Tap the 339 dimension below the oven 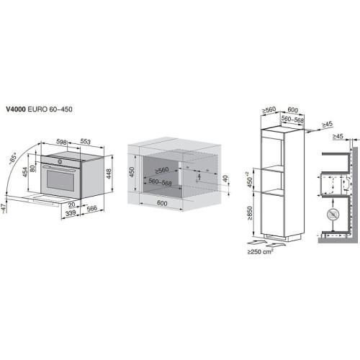[x=69, y=214]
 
